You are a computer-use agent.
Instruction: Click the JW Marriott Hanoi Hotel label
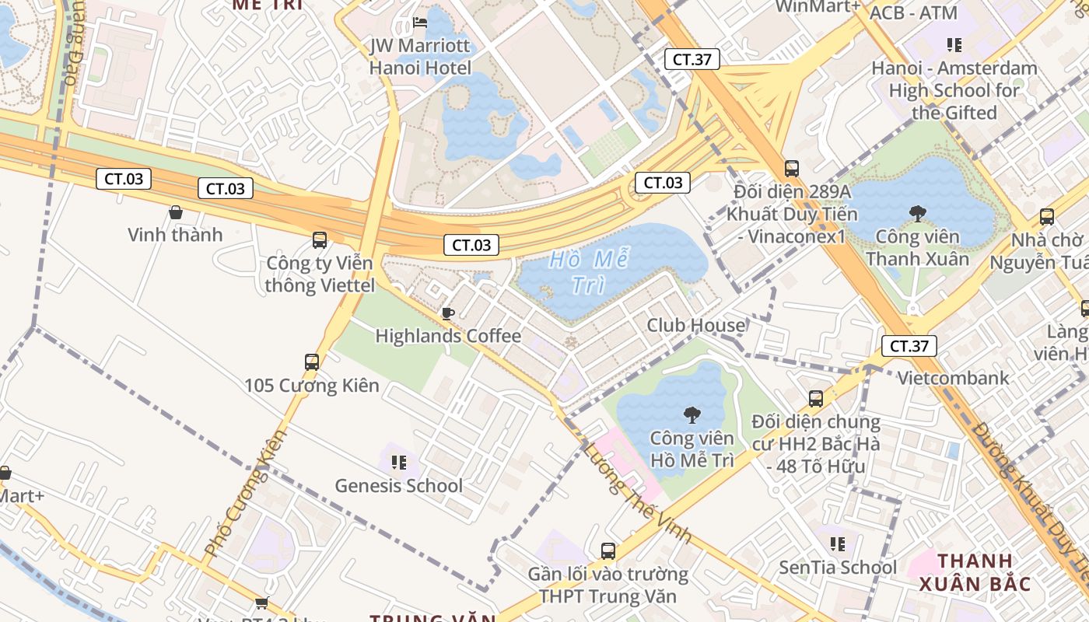420,57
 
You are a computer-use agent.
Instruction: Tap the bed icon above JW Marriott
420,22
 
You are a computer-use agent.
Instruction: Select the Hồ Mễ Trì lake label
589,272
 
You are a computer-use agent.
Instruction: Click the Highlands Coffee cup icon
447,313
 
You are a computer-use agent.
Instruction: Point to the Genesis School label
398,486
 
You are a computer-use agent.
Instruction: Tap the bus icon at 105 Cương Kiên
312,362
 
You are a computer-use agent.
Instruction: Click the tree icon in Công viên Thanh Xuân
917,213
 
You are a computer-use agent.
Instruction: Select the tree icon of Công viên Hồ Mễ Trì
692,414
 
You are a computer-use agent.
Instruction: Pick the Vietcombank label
953,378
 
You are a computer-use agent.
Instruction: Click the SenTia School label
838,567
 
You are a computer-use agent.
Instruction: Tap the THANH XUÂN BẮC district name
975,572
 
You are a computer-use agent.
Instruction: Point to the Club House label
695,325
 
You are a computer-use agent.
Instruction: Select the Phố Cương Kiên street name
245,493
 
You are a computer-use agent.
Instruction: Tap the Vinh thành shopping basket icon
175,211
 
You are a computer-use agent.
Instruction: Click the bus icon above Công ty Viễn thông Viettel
320,240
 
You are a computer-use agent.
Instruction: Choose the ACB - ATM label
913,13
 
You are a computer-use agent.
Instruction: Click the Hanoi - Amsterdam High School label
954,90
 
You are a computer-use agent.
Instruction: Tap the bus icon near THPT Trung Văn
608,551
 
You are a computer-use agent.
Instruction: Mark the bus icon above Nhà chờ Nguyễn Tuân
1047,217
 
